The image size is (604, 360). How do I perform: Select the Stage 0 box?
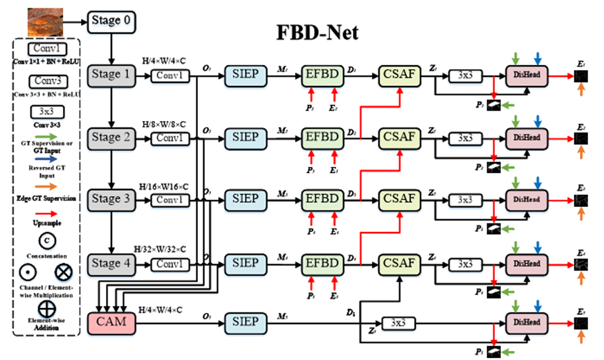[111, 21]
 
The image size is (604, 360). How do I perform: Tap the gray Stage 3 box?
[111, 199]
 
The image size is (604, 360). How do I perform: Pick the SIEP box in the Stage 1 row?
[245, 74]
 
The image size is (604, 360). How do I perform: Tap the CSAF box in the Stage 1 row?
[399, 74]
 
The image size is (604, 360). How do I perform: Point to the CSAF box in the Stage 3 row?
[399, 199]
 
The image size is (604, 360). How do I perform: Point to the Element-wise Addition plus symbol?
[48, 305]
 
